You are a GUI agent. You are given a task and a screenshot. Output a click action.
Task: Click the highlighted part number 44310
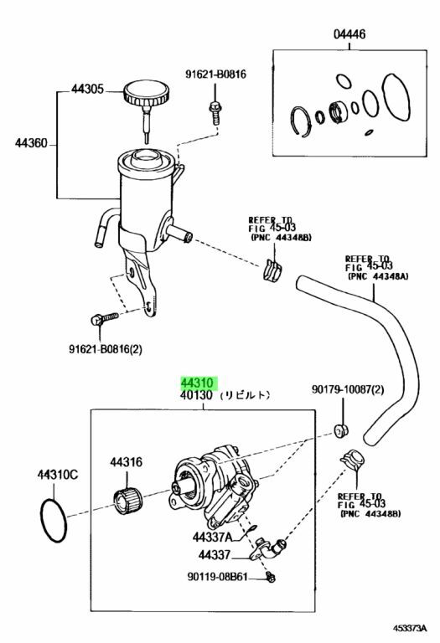pyautogui.click(x=198, y=383)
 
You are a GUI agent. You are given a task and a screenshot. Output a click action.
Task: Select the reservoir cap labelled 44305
pyautogui.click(x=146, y=94)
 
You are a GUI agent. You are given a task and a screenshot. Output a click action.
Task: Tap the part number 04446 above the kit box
pyautogui.click(x=349, y=33)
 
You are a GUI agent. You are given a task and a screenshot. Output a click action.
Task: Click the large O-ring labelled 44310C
pyautogui.click(x=54, y=520)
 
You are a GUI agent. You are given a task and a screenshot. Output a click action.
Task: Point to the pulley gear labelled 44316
pyautogui.click(x=127, y=501)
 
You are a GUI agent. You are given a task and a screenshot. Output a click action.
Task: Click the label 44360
pyautogui.click(x=31, y=143)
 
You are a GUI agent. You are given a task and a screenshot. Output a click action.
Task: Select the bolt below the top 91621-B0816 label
pyautogui.click(x=215, y=111)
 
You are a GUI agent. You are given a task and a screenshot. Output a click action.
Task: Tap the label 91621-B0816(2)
pyautogui.click(x=106, y=349)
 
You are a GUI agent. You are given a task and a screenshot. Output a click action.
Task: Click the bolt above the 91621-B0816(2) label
pyautogui.click(x=104, y=318)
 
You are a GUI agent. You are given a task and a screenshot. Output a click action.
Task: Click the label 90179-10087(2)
pyautogui.click(x=348, y=389)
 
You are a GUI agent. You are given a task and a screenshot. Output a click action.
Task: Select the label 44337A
pyautogui.click(x=212, y=537)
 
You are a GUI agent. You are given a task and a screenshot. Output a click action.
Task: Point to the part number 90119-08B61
pyautogui.click(x=218, y=577)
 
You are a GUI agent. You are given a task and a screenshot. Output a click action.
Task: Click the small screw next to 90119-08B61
pyautogui.click(x=270, y=578)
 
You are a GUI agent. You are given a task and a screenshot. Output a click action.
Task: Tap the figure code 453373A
pyautogui.click(x=411, y=628)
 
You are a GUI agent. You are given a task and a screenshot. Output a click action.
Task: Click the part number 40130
pyautogui.click(x=196, y=395)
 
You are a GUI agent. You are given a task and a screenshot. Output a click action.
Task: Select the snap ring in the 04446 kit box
pyautogui.click(x=301, y=121)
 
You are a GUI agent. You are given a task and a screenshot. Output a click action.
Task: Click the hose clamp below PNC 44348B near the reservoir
pyautogui.click(x=272, y=270)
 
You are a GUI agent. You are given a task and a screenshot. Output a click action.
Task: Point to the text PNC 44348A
pyautogui.click(x=379, y=276)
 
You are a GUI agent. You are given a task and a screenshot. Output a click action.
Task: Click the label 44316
pyautogui.click(x=126, y=462)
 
